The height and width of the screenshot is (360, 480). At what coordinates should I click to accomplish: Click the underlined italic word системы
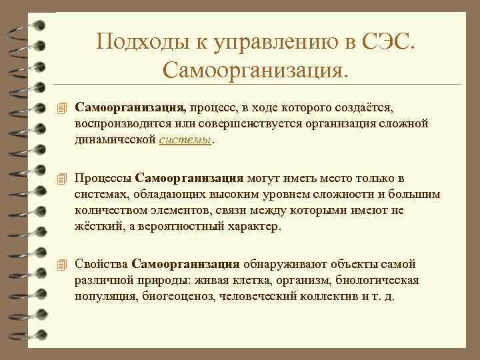(187, 139)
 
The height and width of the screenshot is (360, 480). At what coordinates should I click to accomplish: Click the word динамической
(116, 139)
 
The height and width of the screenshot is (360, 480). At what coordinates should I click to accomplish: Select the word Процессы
(103, 178)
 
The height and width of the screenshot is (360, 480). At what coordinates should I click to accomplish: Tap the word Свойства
(101, 263)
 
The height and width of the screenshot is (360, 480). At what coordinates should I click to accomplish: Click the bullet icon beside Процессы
(62, 178)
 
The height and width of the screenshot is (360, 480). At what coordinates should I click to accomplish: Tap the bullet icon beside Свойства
(62, 263)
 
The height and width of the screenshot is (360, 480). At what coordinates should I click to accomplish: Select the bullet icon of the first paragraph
(62, 107)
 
